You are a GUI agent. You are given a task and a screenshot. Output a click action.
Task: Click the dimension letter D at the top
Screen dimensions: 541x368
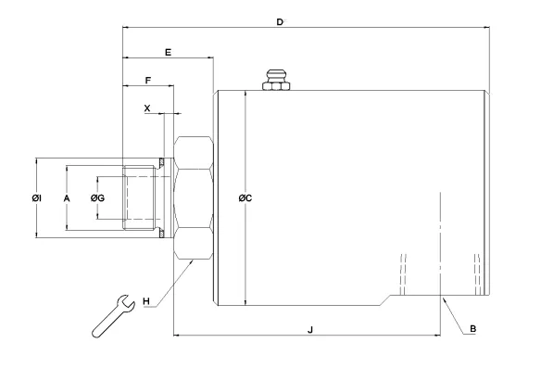[x=280, y=22]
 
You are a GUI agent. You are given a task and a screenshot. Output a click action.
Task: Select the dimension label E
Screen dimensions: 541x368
[x=168, y=53]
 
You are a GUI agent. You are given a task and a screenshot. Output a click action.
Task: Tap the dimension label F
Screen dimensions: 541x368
[x=148, y=81]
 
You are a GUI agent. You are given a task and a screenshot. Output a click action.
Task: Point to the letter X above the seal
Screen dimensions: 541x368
[x=147, y=108]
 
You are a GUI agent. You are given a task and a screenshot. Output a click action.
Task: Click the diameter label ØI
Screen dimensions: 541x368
[x=36, y=198]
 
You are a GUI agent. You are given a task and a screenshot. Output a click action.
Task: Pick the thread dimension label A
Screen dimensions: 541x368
[x=67, y=198]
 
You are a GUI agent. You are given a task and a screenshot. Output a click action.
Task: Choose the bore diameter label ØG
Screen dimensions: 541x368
[x=97, y=198]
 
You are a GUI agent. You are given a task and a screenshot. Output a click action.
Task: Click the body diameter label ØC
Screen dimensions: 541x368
[x=245, y=198]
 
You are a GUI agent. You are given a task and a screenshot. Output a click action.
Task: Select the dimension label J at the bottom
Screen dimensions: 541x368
[x=310, y=330]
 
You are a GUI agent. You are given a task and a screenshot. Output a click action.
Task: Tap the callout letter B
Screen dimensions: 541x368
[x=473, y=329]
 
